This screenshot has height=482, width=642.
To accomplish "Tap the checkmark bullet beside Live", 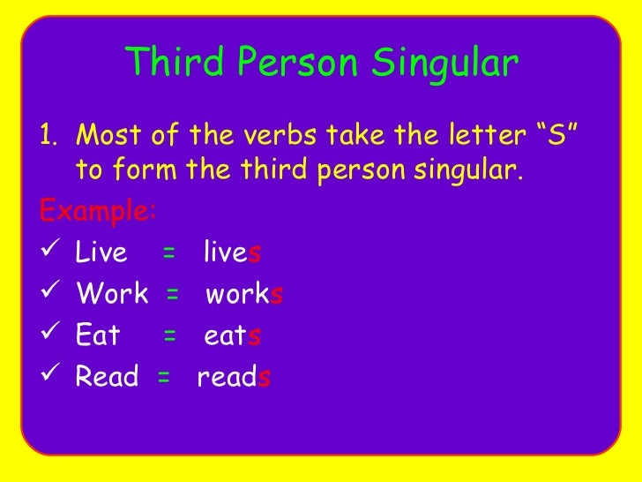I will point(50,253).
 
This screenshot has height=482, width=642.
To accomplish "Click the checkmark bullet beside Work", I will point(50,294).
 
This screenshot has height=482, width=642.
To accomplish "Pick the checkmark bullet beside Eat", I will point(50,335).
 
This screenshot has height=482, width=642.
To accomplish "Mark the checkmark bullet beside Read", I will point(50,377).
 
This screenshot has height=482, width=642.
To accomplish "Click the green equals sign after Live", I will point(168,254).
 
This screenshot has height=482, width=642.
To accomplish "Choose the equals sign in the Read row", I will point(163,378).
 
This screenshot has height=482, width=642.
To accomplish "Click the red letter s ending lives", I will point(255,254).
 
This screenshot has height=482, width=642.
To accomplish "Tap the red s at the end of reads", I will point(265,378).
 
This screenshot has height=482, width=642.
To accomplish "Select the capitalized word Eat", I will point(98,335).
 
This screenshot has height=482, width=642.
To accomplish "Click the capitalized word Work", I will point(112,294).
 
